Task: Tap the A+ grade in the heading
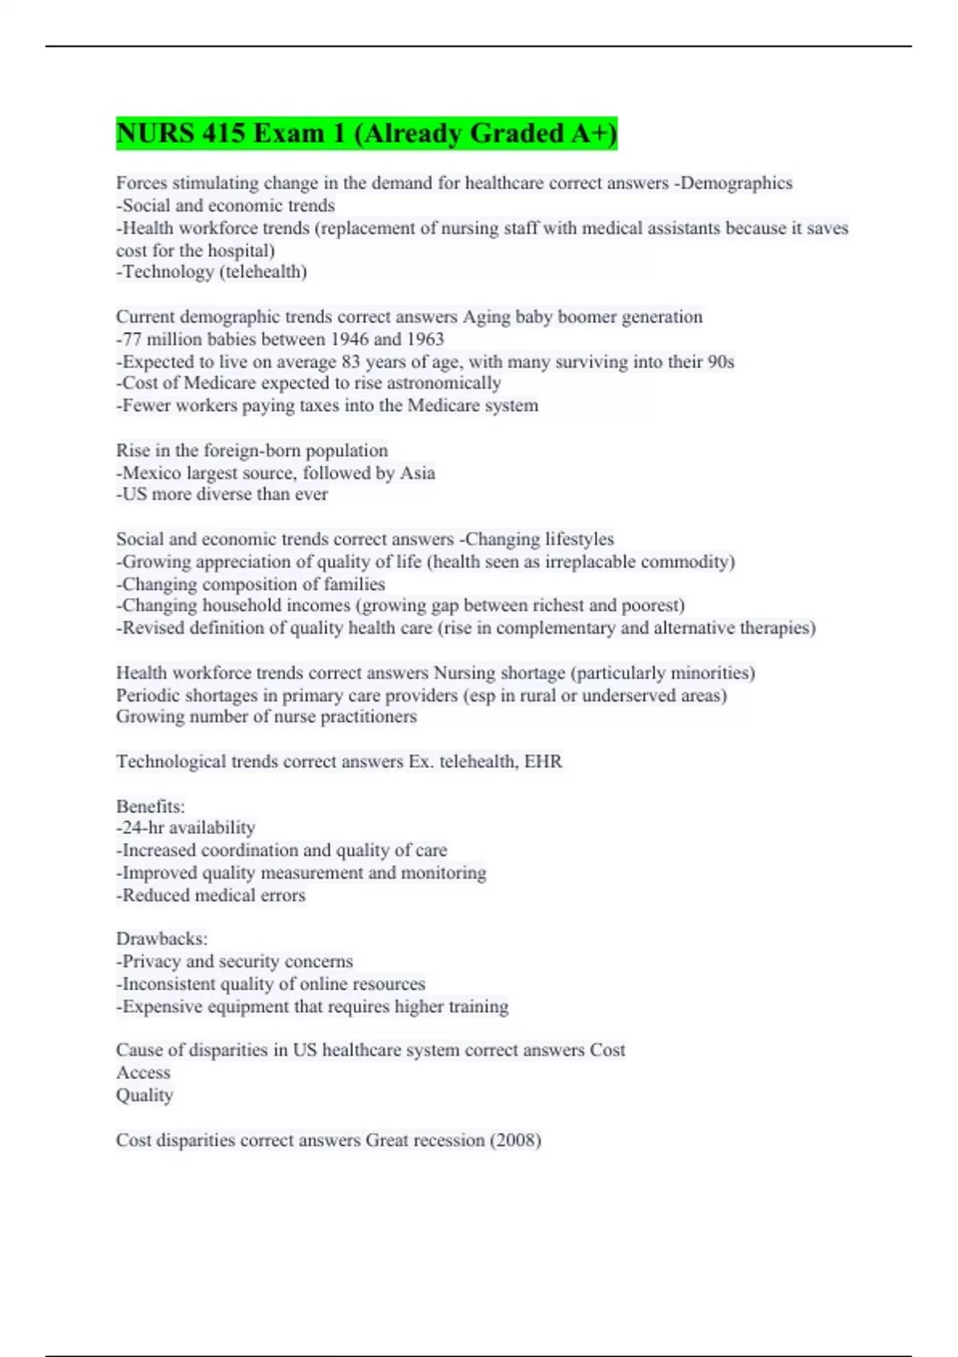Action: (x=589, y=133)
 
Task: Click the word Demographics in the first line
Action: (x=736, y=183)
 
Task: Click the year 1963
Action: (x=423, y=339)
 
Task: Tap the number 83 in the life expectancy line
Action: (x=351, y=362)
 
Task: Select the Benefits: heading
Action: (x=150, y=806)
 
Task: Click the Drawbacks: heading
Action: (x=161, y=939)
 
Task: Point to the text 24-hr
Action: (x=143, y=828)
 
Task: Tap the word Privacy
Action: (x=151, y=961)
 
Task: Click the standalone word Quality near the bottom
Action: (x=144, y=1095)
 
